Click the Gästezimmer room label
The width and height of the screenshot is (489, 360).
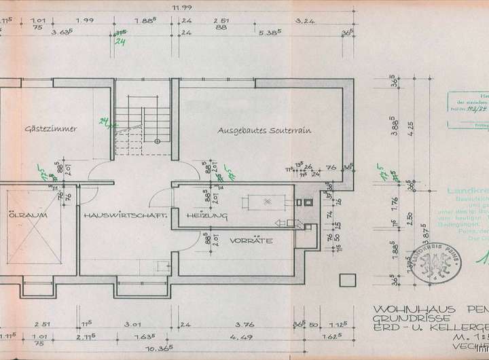point(50,128)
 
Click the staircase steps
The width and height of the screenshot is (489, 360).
point(130,129)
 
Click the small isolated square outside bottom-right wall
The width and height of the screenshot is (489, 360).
point(348,278)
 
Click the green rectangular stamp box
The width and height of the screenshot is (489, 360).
point(469,109)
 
